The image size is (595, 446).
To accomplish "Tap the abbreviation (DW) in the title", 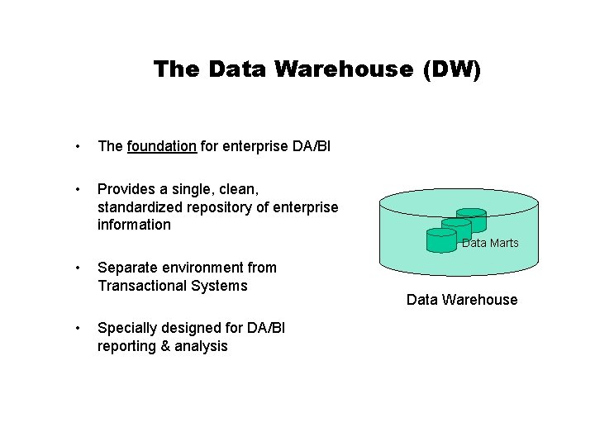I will (450, 69).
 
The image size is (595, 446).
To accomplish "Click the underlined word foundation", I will (162, 146).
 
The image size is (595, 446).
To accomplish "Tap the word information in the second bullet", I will (134, 225).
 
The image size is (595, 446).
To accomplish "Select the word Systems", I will (220, 286).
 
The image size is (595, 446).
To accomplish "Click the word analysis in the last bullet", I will (202, 346).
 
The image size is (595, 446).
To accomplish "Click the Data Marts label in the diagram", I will (490, 243).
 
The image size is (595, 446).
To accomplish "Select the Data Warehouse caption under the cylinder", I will (462, 300).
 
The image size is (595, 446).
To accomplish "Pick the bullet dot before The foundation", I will (77, 147).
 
